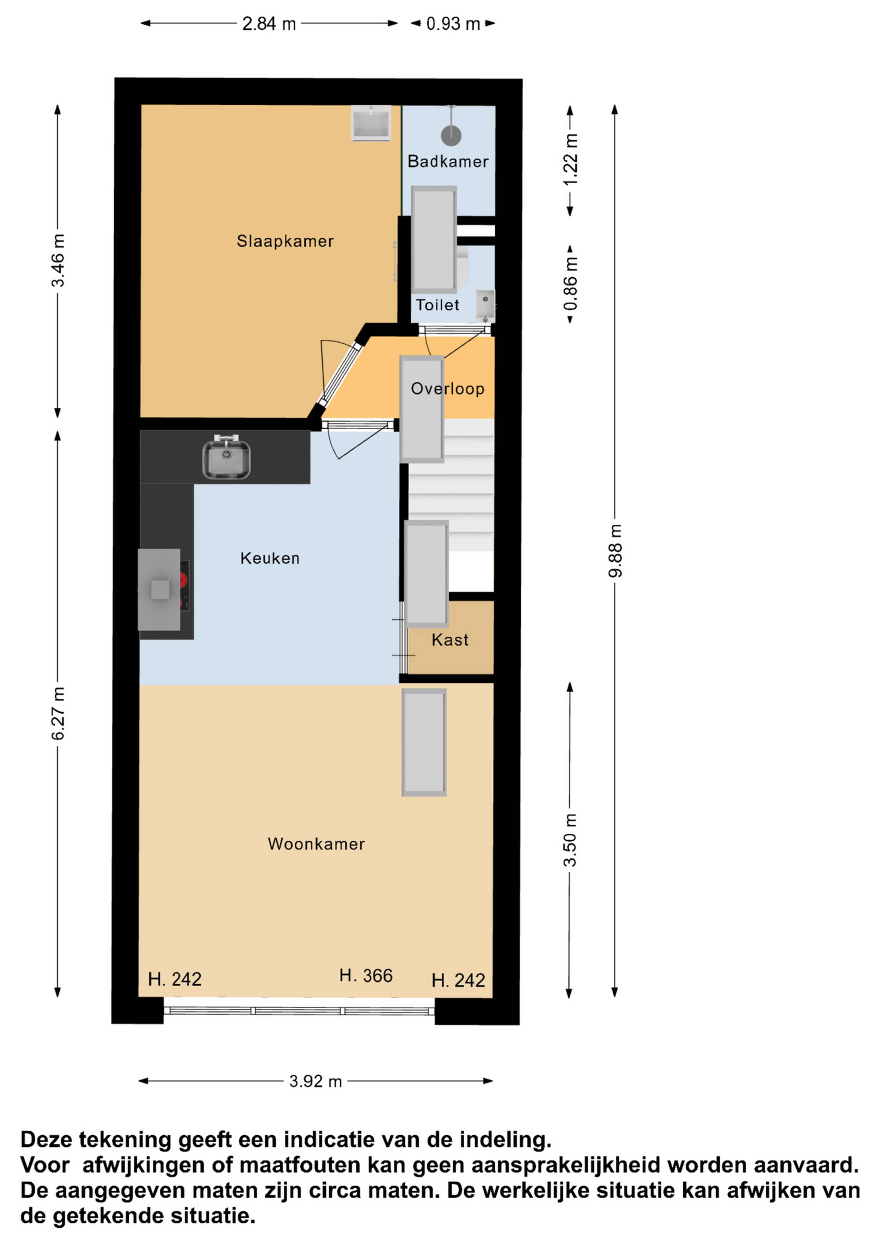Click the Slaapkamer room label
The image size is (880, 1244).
[x=285, y=241]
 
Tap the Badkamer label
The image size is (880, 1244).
[x=448, y=162]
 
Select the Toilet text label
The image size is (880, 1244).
[x=437, y=305]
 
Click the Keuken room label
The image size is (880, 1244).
[x=270, y=558]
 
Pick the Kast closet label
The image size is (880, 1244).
[x=450, y=640]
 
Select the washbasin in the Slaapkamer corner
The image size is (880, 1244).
[x=371, y=123]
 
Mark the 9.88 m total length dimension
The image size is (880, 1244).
[x=616, y=550]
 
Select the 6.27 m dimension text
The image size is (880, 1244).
[x=58, y=713]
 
